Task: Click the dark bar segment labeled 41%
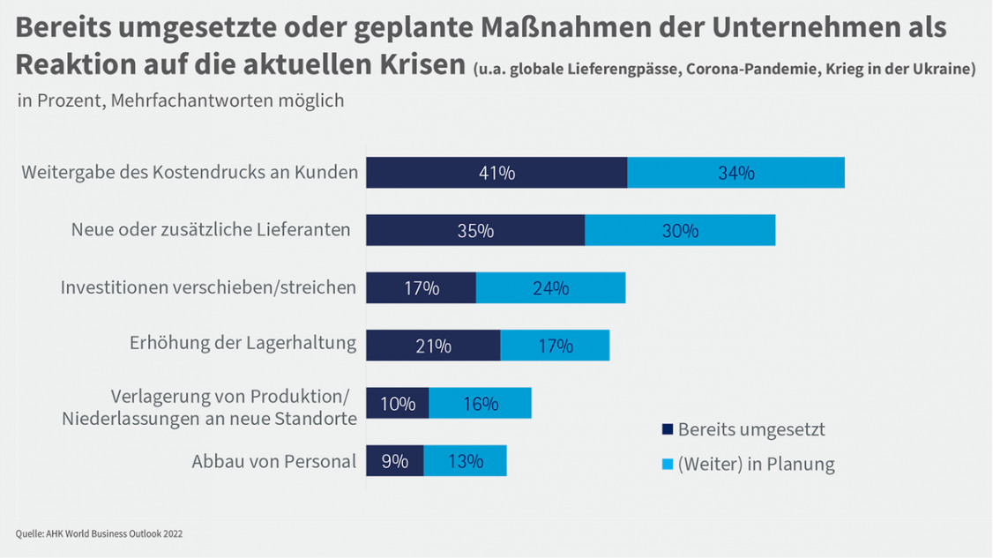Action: (x=496, y=173)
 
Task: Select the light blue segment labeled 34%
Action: (x=735, y=173)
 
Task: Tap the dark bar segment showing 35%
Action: (x=475, y=231)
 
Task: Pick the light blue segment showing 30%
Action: (x=680, y=231)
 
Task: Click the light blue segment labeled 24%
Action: (x=550, y=288)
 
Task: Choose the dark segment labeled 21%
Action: (x=433, y=346)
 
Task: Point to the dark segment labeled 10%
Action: (x=397, y=404)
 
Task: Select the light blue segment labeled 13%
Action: (x=465, y=461)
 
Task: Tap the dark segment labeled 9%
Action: (x=394, y=461)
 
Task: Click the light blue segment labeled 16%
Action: (x=480, y=404)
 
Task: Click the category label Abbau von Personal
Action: (x=273, y=461)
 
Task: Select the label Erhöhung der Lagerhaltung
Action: (x=243, y=344)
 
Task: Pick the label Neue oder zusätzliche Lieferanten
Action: (x=211, y=230)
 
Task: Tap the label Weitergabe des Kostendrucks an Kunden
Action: (x=190, y=172)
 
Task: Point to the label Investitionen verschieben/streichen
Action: (x=208, y=287)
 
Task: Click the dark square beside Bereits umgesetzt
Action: (x=668, y=430)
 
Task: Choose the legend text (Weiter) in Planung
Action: (x=756, y=464)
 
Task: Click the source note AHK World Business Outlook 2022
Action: (x=99, y=533)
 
